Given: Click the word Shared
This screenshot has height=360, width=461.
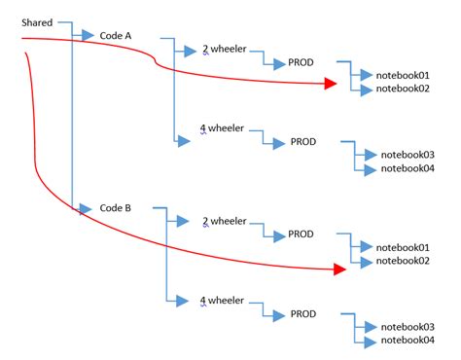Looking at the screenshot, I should pyautogui.click(x=37, y=21).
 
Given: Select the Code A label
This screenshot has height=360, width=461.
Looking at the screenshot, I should pyautogui.click(x=116, y=35).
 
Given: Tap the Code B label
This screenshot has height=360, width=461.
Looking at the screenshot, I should pyautogui.click(x=116, y=208).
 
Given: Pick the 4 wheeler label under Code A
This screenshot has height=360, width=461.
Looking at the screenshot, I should pyautogui.click(x=222, y=128).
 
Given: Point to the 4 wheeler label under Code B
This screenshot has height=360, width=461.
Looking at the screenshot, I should pyautogui.click(x=222, y=301).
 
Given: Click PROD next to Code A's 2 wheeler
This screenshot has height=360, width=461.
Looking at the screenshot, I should pyautogui.click(x=301, y=62).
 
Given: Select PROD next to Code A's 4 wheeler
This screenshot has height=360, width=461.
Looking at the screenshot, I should pyautogui.click(x=302, y=142).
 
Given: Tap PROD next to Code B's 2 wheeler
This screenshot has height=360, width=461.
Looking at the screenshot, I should pyautogui.click(x=301, y=234).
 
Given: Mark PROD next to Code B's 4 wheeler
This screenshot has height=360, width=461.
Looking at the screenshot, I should pyautogui.click(x=302, y=314).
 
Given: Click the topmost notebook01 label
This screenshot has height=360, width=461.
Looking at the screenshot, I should pyautogui.click(x=403, y=75).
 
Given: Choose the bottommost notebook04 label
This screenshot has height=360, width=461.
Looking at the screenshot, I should pyautogui.click(x=407, y=341).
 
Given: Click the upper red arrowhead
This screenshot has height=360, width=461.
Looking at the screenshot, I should pyautogui.click(x=330, y=85).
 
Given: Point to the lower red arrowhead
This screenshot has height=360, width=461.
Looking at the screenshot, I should pyautogui.click(x=339, y=269).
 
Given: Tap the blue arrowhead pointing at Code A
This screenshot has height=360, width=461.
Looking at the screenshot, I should pyautogui.click(x=89, y=36).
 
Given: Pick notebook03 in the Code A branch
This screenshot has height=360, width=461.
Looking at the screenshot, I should pyautogui.click(x=407, y=155).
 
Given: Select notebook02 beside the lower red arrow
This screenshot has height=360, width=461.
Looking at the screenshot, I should pyautogui.click(x=403, y=261).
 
